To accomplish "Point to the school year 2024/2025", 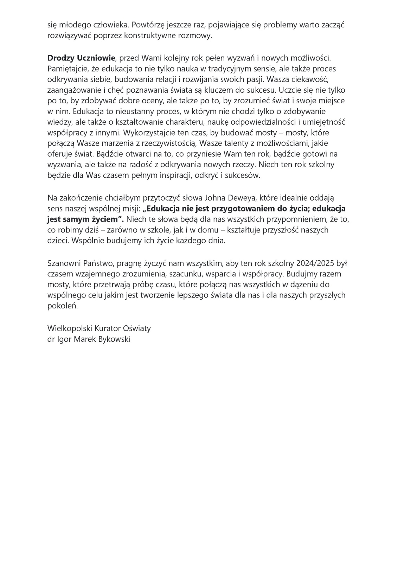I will click(x=315, y=263).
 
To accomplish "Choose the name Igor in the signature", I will click(x=64, y=339).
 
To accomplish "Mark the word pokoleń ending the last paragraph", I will click(x=62, y=306).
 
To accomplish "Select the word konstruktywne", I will click(x=154, y=36).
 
